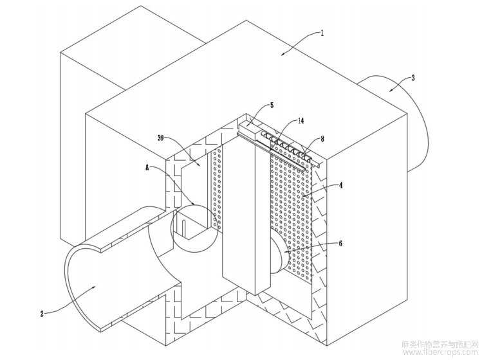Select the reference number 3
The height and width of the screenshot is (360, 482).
pos(412,78)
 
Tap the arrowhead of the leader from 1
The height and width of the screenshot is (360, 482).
pos(284,55)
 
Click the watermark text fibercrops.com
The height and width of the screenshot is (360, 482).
pos(441,352)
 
